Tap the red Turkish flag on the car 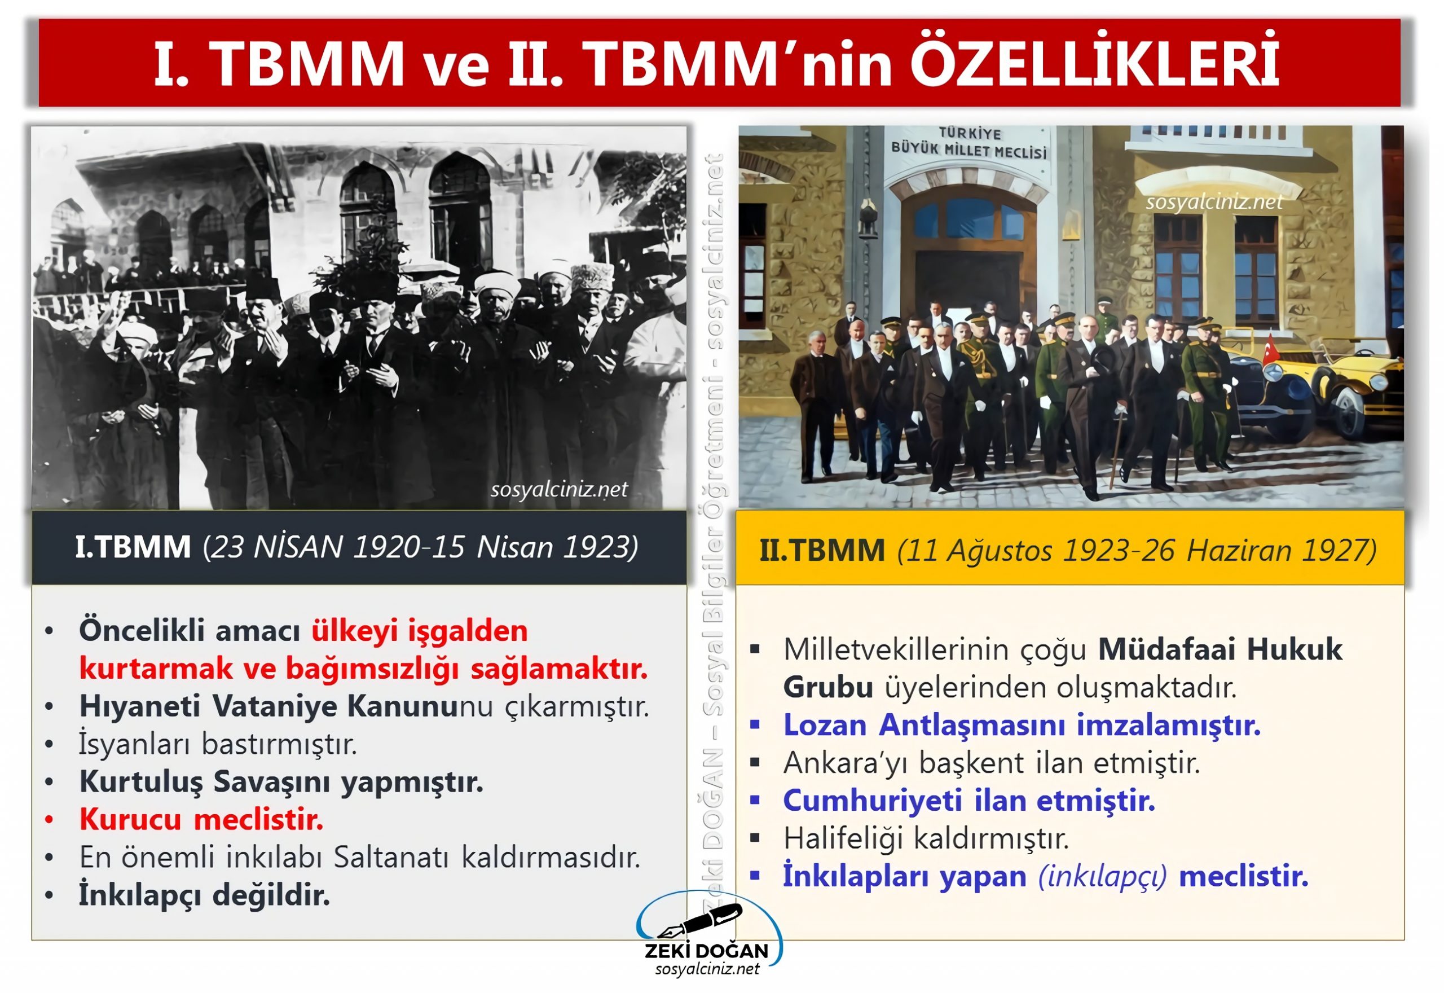(x=1270, y=350)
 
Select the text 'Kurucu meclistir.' (x=201, y=819)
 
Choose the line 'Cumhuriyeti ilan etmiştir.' (x=969, y=801)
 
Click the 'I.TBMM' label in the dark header (x=133, y=547)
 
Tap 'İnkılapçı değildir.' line (x=204, y=895)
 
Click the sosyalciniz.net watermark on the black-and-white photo (x=558, y=490)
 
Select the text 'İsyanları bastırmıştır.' (x=218, y=744)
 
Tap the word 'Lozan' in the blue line (x=825, y=726)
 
